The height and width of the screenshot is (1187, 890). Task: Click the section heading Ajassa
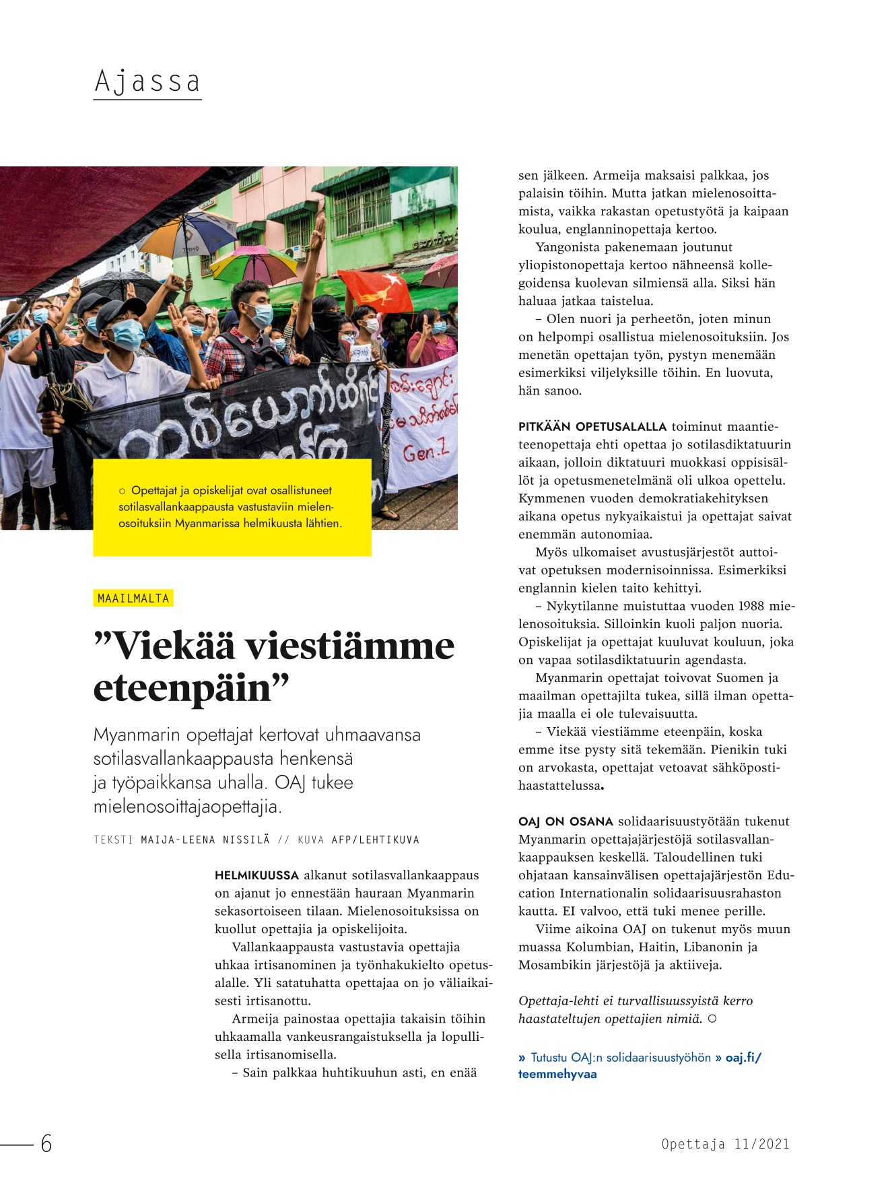pyautogui.click(x=147, y=82)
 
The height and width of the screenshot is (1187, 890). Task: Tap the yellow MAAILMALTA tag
pyautogui.click(x=133, y=598)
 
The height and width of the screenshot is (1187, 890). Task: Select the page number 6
pyautogui.click(x=46, y=1143)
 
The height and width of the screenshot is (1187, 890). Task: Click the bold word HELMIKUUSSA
pyautogui.click(x=256, y=875)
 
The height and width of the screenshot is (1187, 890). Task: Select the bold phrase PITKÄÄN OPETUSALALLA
pyautogui.click(x=592, y=426)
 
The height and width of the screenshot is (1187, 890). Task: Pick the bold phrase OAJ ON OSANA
pyautogui.click(x=566, y=821)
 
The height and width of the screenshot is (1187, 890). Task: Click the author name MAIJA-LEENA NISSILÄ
pyautogui.click(x=205, y=840)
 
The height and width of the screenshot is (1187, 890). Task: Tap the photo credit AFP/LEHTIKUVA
pyautogui.click(x=375, y=840)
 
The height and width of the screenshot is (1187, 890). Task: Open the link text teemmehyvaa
pyautogui.click(x=557, y=1074)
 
